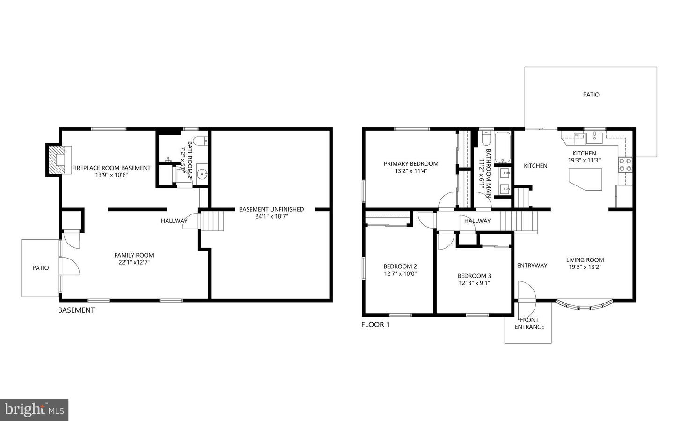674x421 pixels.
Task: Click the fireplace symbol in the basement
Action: [59, 160]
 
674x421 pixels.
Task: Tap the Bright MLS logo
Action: [34, 410]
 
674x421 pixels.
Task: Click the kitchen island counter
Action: [586, 179]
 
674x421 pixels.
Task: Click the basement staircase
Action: [212, 221]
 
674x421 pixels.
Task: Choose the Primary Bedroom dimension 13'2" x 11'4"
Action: [411, 171]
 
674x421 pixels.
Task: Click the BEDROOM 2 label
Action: [400, 266]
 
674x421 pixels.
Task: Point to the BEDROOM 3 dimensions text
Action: [474, 283]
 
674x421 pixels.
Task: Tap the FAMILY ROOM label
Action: [134, 255]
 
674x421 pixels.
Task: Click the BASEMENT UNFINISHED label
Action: [271, 209]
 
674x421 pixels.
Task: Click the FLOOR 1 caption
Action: [375, 325]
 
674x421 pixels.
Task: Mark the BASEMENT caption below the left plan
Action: [76, 310]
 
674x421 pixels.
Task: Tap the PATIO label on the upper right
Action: [591, 95]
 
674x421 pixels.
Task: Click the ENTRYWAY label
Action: [532, 266]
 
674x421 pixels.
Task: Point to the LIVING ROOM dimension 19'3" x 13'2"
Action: [585, 267]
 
